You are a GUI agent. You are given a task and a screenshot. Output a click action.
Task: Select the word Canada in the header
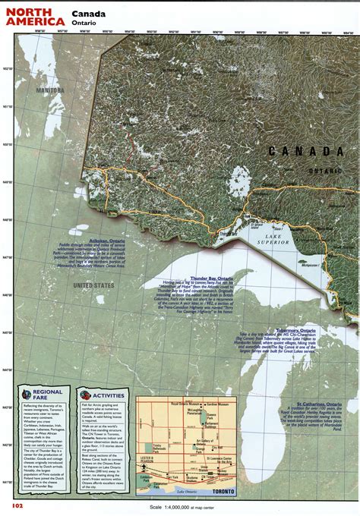pos(89,13)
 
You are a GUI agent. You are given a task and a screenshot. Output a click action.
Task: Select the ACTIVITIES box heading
pos(107,395)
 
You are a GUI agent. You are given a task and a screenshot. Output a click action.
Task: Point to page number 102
pos(17,505)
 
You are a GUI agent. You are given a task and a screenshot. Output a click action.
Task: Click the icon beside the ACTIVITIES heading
pos(84,395)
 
